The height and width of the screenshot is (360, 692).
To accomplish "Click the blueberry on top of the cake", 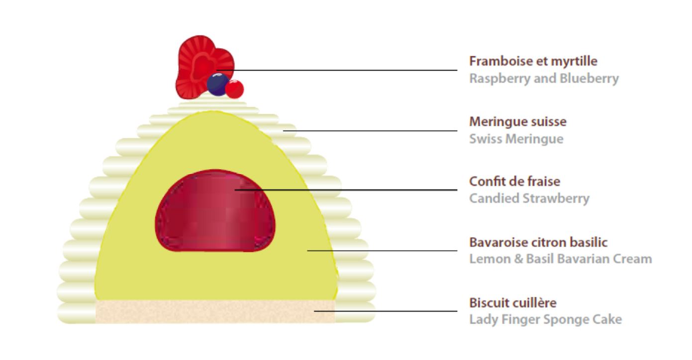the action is pyautogui.click(x=218, y=85).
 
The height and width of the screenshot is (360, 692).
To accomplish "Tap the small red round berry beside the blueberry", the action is pyautogui.click(x=234, y=89).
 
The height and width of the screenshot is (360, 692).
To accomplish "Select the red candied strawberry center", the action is pyautogui.click(x=215, y=210).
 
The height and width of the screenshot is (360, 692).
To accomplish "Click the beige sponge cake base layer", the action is pyautogui.click(x=215, y=311).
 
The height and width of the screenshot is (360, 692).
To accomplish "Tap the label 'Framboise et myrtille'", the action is pyautogui.click(x=533, y=61).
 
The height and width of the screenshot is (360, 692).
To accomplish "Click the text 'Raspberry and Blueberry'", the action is pyautogui.click(x=544, y=79).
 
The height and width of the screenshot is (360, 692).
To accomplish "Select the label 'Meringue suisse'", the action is pyautogui.click(x=518, y=122).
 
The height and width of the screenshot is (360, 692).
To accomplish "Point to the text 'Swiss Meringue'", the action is pyautogui.click(x=516, y=139).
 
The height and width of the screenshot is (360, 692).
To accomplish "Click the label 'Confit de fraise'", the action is pyautogui.click(x=515, y=181).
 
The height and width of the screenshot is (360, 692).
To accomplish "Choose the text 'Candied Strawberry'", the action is pyautogui.click(x=529, y=198).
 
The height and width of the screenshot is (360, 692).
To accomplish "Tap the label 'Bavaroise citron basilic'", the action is pyautogui.click(x=538, y=242).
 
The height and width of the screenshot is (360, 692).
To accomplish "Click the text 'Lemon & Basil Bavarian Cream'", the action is pyautogui.click(x=560, y=259).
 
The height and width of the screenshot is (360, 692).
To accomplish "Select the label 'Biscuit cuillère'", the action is pyautogui.click(x=513, y=303).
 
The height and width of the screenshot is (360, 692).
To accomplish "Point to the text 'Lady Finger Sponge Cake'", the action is pyautogui.click(x=546, y=320).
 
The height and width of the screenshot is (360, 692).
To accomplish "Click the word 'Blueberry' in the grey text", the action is pyautogui.click(x=589, y=79).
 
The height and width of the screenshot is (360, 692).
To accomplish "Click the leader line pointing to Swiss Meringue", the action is pyautogui.click(x=370, y=131).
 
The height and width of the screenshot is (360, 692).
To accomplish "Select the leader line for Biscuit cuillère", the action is pyautogui.click(x=386, y=311).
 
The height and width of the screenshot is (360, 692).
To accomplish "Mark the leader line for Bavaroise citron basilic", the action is pyautogui.click(x=382, y=251).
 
